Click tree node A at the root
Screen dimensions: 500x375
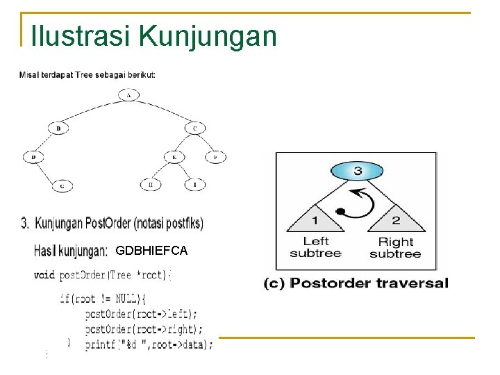coord(128,94)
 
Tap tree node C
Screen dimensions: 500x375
coord(194,128)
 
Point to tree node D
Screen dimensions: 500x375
coord(33,158)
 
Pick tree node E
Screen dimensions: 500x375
coord(174,158)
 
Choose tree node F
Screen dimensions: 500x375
coord(215,158)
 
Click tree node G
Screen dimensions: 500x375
coord(62,185)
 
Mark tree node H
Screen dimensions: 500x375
coord(151,185)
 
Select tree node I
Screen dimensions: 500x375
coord(194,185)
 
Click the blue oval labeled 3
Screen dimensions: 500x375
coord(357,170)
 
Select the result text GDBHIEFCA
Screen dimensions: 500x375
coord(151,250)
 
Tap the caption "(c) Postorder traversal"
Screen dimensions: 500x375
coord(356,283)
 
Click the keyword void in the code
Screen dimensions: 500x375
coord(44,275)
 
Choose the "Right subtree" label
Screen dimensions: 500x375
coord(395,247)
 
